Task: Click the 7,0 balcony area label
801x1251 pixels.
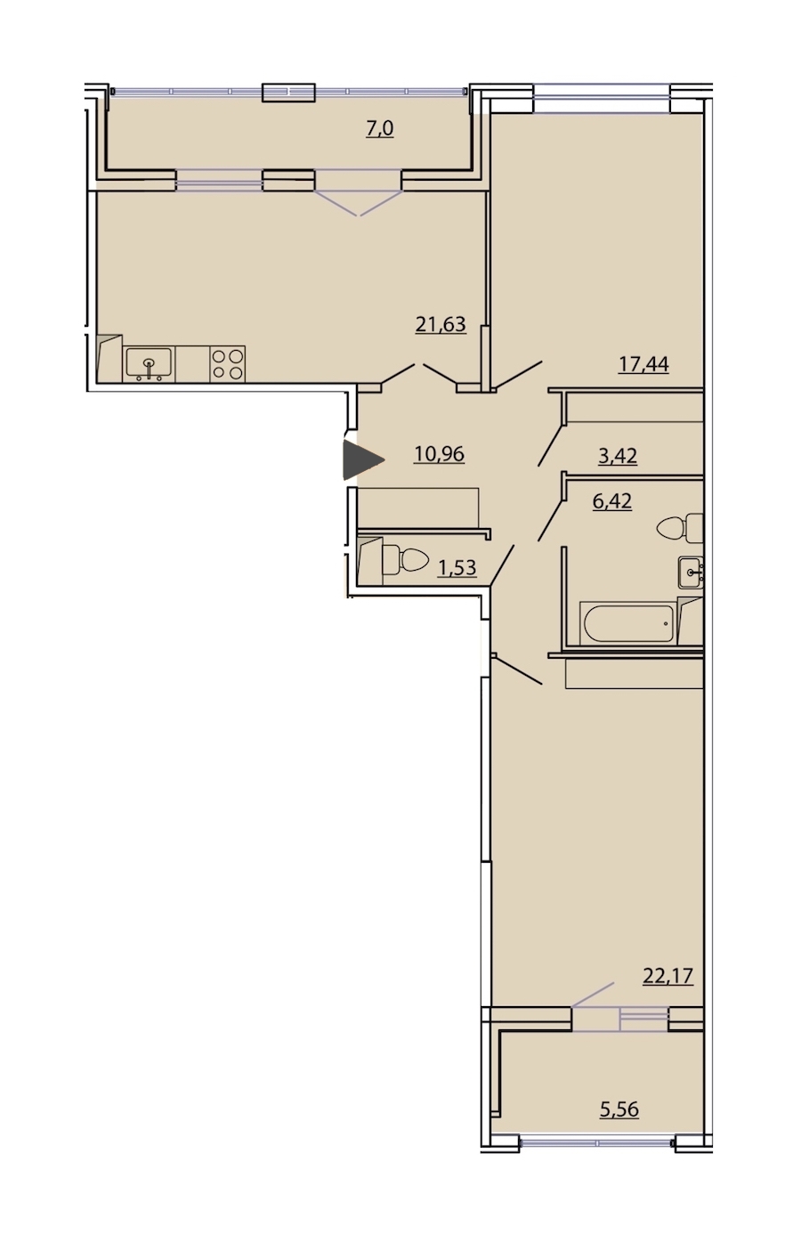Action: [x=379, y=129]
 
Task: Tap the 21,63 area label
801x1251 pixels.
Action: [x=441, y=324]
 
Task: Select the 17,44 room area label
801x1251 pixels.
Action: [x=643, y=365]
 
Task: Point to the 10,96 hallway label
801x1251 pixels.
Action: [x=439, y=454]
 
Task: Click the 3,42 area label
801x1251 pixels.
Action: [x=618, y=456]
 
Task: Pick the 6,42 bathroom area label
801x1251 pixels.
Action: [x=611, y=501]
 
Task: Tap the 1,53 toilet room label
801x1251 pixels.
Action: [x=457, y=568]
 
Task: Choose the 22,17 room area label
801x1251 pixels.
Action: [x=668, y=976]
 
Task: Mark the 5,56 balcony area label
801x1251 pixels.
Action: [x=619, y=1109]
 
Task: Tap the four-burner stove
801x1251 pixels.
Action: [x=228, y=364]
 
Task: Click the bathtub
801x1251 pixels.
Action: [x=628, y=622]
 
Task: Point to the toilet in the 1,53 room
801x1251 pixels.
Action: [x=405, y=559]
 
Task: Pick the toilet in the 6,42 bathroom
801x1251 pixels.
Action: [x=681, y=528]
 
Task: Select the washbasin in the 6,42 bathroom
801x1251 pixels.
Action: [x=691, y=572]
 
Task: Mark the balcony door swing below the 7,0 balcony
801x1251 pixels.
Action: [x=359, y=203]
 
